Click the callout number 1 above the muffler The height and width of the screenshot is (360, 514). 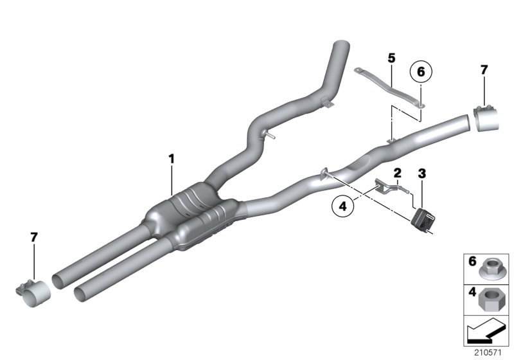click(172, 157)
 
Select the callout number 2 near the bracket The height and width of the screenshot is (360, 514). click(398, 172)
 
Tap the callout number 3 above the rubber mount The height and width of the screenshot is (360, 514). click(421, 172)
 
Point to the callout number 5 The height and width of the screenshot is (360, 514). click(391, 58)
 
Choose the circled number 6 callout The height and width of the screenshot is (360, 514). click(421, 72)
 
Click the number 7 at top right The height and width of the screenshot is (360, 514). click(484, 69)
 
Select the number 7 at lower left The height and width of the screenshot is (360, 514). click(34, 238)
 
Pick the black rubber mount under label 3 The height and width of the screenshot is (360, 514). click(421, 219)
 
